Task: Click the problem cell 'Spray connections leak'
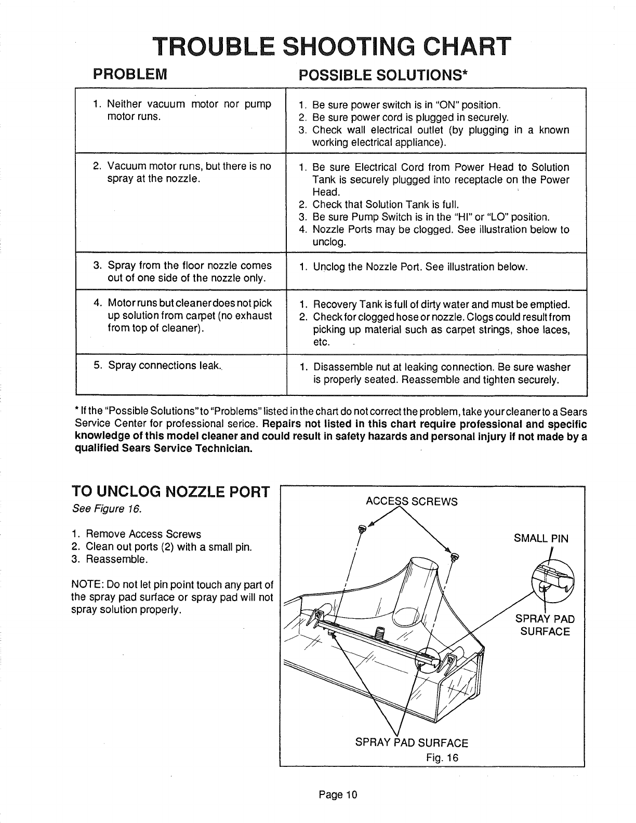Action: tap(164, 365)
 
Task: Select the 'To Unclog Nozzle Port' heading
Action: tap(170, 492)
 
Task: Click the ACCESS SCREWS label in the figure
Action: tap(412, 501)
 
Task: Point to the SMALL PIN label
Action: tap(541, 538)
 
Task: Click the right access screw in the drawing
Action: tap(455, 557)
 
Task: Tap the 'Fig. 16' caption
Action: tap(441, 757)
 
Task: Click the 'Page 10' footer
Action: tap(338, 794)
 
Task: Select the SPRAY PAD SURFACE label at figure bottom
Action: tap(411, 743)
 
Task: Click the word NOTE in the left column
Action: tap(84, 584)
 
